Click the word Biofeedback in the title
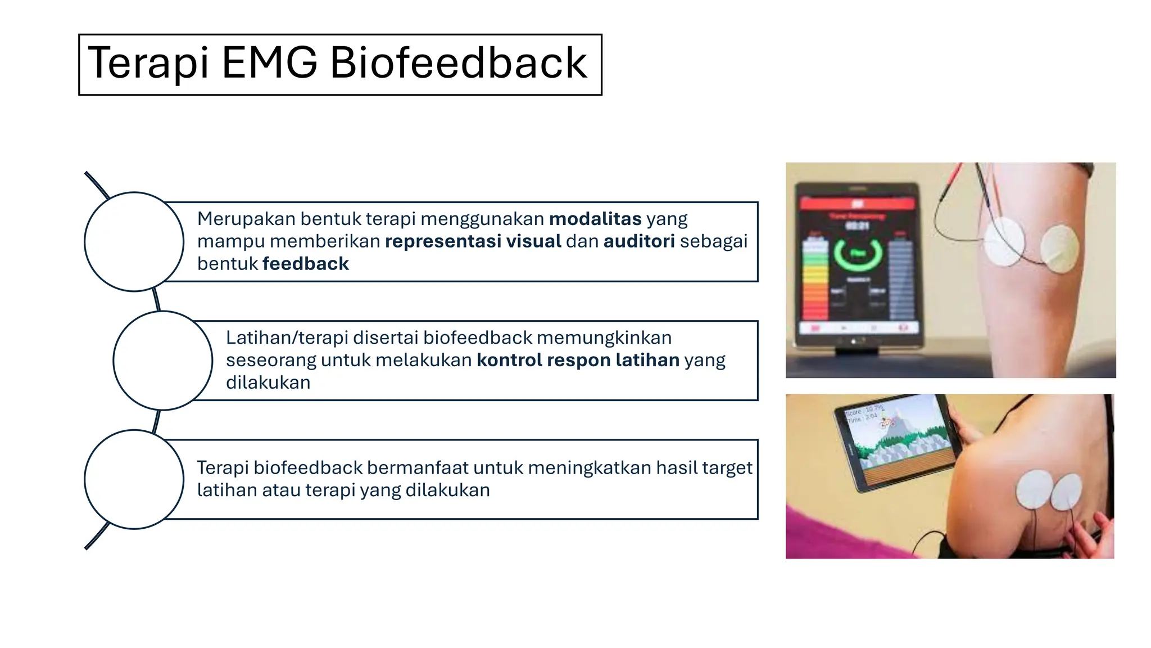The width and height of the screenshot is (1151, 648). [458, 63]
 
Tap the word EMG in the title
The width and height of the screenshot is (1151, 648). [269, 63]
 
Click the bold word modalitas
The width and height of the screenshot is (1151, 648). [595, 219]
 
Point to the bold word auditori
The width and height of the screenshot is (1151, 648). [639, 241]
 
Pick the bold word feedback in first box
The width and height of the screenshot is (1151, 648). [306, 264]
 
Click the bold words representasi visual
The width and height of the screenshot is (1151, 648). [473, 241]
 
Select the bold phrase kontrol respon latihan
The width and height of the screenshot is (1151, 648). [578, 360]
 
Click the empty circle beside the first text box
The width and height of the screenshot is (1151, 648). [134, 242]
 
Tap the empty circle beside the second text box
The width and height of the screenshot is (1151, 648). [163, 361]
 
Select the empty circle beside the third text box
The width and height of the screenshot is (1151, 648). [134, 479]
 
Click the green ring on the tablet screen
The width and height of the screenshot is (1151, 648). [858, 253]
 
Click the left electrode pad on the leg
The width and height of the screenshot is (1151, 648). [1004, 242]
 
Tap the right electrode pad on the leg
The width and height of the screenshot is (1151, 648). [1059, 249]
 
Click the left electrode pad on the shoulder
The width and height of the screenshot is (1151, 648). [1035, 489]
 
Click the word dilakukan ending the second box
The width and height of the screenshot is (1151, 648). [268, 382]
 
